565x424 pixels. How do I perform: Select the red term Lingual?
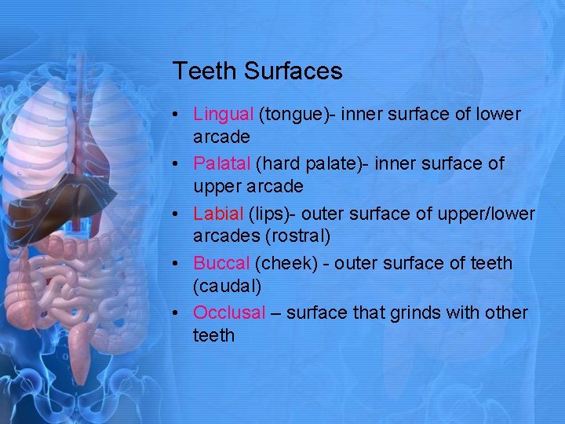pos(224,115)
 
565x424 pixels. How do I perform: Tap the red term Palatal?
pos(222,164)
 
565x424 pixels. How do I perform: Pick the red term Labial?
pos(218,214)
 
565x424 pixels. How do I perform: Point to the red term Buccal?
pos(221,263)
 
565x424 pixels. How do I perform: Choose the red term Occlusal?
pos(230,313)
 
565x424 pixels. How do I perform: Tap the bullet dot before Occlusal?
pos(179,313)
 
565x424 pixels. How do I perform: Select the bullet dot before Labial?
pos(179,214)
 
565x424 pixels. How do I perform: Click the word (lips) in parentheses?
pos(271,214)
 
